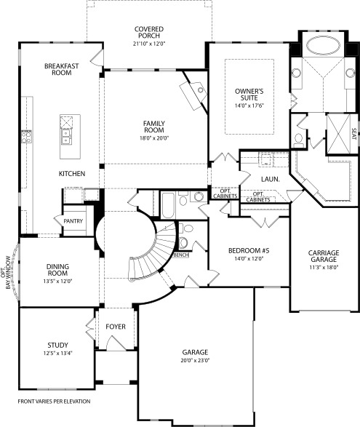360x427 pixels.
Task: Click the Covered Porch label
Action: click(x=148, y=33)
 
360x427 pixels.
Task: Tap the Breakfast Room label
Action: click(x=61, y=69)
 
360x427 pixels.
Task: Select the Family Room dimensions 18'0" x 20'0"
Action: click(x=156, y=138)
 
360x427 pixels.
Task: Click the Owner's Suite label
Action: click(x=248, y=95)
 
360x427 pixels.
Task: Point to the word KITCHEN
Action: click(x=73, y=174)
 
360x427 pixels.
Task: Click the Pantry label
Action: click(x=73, y=221)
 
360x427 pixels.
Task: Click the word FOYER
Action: click(x=117, y=327)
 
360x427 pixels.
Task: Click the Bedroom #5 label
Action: click(x=248, y=253)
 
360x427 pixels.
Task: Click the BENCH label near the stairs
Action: click(x=181, y=255)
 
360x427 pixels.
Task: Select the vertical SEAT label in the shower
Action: click(x=353, y=134)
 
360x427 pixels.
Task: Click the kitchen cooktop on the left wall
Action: click(x=28, y=135)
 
